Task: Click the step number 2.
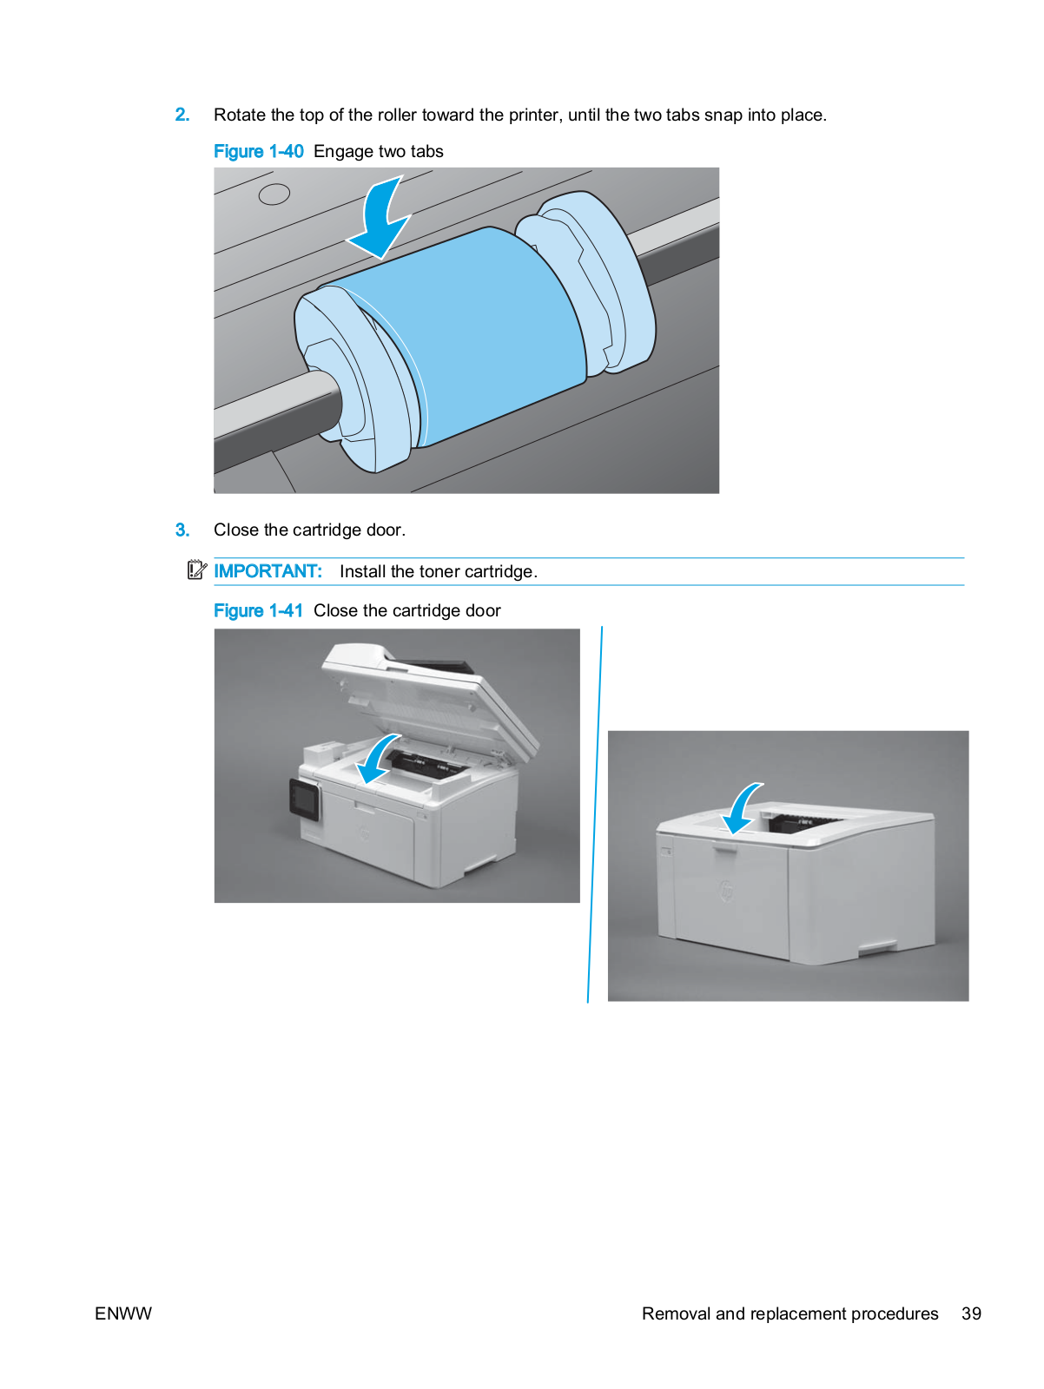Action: coord(182,115)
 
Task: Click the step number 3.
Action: coord(182,530)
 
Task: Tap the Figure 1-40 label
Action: coord(258,151)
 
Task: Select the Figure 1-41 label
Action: coord(258,610)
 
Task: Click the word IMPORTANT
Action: coord(268,570)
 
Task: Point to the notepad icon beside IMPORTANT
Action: coord(197,569)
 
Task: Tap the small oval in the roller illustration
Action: coord(274,194)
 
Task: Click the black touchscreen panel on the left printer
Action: coord(305,799)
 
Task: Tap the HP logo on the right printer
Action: coord(727,892)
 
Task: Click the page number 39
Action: coord(970,1313)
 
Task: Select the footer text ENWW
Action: coord(123,1313)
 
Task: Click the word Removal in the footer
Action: coord(676,1313)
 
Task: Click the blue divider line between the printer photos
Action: coord(594,814)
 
